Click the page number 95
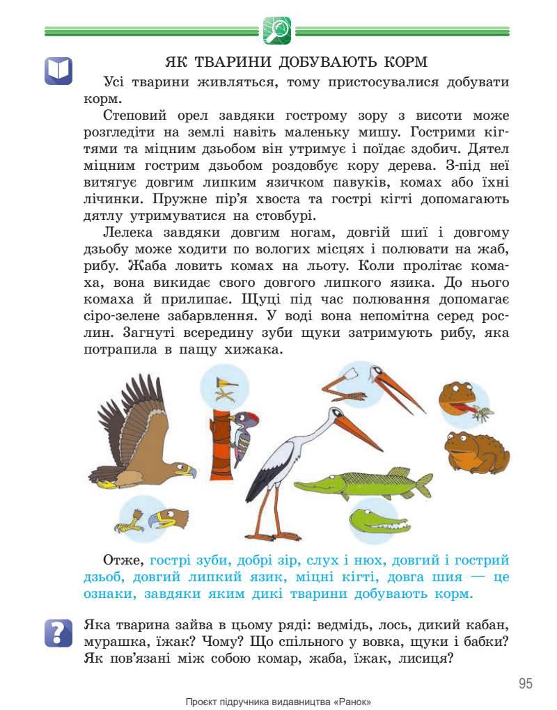tap(526, 683)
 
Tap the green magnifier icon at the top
tap(277, 31)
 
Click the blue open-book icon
tap(58, 70)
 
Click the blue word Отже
tap(123, 560)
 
